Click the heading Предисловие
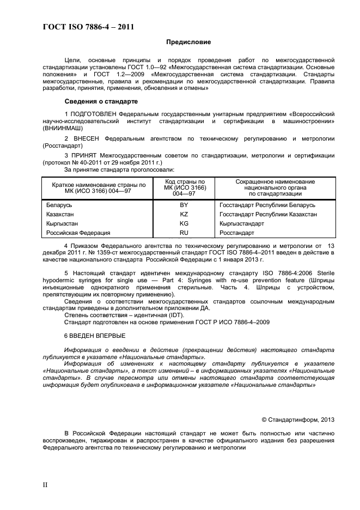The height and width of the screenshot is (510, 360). coord(188,42)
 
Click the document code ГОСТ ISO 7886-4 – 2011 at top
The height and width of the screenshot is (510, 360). coord(88,26)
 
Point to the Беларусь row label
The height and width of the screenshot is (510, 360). coord(59,205)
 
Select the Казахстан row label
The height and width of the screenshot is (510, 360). coord(61,214)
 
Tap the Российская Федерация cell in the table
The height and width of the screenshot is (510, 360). coord(78,233)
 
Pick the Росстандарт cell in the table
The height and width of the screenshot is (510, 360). coord(236,233)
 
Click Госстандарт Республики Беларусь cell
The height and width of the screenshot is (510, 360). coord(267,205)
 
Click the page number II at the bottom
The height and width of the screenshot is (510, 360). coord(46,484)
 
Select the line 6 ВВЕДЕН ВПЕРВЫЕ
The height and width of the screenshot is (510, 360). coord(94,336)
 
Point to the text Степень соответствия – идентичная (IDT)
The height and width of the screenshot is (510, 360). coord(124,315)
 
